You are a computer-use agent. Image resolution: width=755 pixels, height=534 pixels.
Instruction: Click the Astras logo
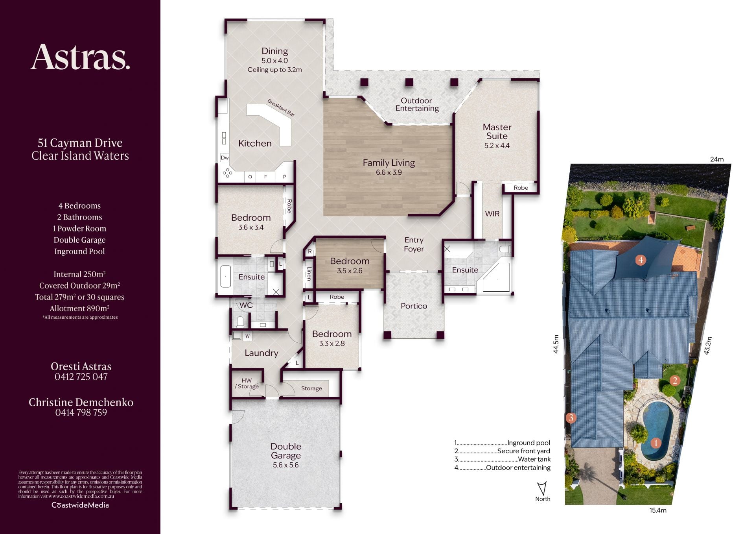pyautogui.click(x=80, y=57)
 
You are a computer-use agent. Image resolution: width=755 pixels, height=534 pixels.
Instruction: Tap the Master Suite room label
pyautogui.click(x=497, y=131)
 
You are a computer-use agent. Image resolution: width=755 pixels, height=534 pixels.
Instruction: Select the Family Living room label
pyautogui.click(x=389, y=163)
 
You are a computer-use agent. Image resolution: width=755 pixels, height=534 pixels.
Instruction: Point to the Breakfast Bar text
pyautogui.click(x=281, y=108)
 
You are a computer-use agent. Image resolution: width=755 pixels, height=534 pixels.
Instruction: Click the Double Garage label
pyautogui.click(x=286, y=451)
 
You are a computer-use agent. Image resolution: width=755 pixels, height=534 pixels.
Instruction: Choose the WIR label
pyautogui.click(x=492, y=214)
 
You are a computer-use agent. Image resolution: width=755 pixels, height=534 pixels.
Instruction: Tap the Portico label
pyautogui.click(x=414, y=306)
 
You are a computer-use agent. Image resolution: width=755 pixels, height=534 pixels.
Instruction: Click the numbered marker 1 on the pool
pyautogui.click(x=656, y=443)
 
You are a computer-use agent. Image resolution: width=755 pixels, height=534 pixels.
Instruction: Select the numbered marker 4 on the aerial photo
pyautogui.click(x=641, y=260)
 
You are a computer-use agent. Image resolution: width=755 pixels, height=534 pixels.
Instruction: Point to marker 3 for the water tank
pyautogui.click(x=571, y=418)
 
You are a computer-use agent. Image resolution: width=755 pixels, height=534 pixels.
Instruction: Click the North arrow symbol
pyautogui.click(x=542, y=488)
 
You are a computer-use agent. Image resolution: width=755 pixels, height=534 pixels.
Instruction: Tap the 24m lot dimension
pyautogui.click(x=717, y=159)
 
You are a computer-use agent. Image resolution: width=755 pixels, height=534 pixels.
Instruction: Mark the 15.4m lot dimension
pyautogui.click(x=658, y=510)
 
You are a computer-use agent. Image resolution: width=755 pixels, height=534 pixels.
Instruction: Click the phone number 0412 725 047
pyautogui.click(x=81, y=377)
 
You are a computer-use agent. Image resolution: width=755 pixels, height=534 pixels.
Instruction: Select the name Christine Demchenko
pyautogui.click(x=81, y=402)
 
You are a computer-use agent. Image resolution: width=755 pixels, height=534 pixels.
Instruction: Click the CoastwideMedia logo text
pyautogui.click(x=80, y=505)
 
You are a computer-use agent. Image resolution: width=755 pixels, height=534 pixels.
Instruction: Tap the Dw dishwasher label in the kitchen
pyautogui.click(x=225, y=158)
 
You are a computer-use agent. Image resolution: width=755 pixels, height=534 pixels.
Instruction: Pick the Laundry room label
pyautogui.click(x=261, y=353)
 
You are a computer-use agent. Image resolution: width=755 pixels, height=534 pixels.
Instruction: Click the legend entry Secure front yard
pyautogui.click(x=524, y=451)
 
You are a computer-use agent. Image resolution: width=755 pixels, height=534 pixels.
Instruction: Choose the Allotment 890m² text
pyautogui.click(x=80, y=309)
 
